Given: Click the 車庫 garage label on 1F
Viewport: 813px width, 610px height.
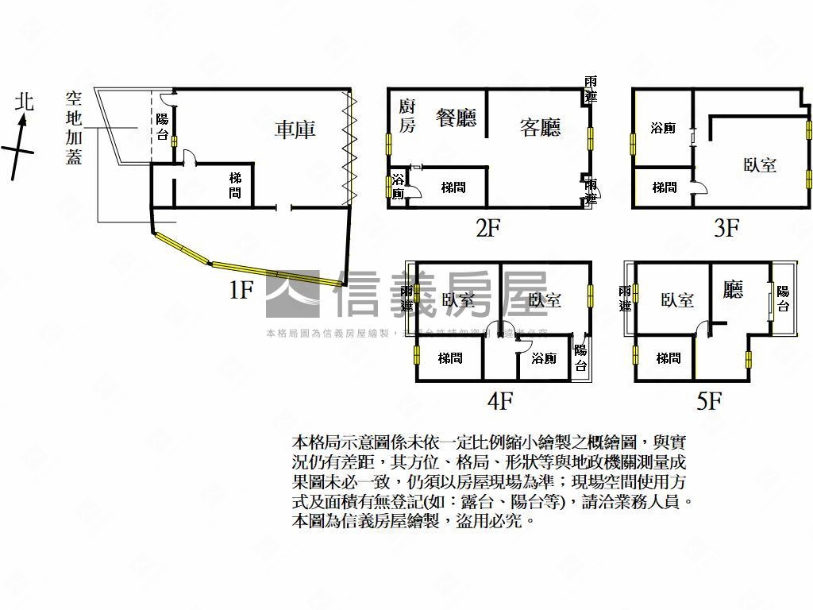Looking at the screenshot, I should tap(295, 129).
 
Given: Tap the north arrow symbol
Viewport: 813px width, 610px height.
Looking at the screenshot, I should tap(20, 147).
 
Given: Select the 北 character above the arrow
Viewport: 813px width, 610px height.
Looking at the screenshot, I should tap(25, 101).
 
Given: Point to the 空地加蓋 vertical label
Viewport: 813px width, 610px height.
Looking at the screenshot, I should tap(74, 128).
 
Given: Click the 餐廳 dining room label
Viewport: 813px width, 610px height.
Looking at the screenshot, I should tap(456, 118).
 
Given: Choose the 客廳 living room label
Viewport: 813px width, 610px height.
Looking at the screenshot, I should tap(540, 127).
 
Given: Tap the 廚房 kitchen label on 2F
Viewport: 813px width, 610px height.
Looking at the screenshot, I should tap(406, 116).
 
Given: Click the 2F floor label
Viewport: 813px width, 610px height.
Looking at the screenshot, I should tap(487, 229).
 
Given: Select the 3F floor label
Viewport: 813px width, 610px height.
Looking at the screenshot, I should tap(726, 229).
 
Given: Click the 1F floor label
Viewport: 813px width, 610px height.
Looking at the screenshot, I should tap(241, 290).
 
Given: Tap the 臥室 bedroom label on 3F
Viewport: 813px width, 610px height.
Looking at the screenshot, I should tap(759, 165).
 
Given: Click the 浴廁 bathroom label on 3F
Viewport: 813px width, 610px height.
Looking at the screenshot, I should tap(662, 128).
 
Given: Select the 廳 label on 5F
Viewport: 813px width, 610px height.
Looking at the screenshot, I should tap(733, 289).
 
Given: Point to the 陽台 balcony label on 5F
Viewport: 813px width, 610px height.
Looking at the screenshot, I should tap(783, 299).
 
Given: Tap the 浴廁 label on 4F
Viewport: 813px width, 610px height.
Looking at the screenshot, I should tap(544, 359).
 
